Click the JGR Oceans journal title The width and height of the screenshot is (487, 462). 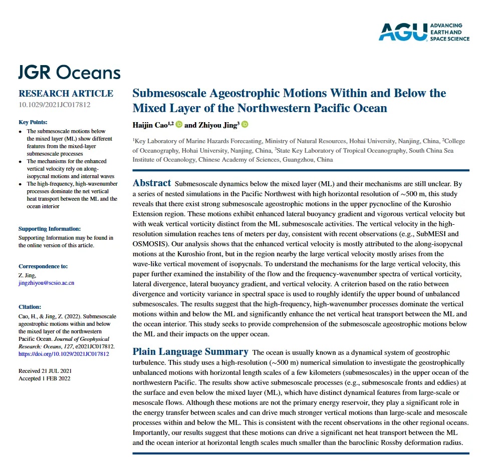(70, 73)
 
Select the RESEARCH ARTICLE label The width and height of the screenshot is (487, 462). (66, 94)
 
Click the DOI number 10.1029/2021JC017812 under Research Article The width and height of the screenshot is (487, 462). (55, 105)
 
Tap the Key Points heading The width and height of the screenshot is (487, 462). (33, 122)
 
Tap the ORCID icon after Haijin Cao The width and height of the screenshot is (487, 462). (179, 125)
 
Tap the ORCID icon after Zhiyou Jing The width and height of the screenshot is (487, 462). (245, 125)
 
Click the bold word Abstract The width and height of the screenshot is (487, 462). (152, 183)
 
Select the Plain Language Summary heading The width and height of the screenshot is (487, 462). (190, 352)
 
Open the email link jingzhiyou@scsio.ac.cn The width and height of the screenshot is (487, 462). (46, 283)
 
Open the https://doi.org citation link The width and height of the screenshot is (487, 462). (64, 354)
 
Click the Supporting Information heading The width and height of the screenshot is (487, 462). (49, 229)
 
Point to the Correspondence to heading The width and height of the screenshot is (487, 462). (43, 266)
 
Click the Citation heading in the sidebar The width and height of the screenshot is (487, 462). (30, 307)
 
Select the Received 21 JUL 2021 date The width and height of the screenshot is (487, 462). (45, 370)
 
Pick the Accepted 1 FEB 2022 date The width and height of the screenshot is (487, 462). (45, 378)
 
